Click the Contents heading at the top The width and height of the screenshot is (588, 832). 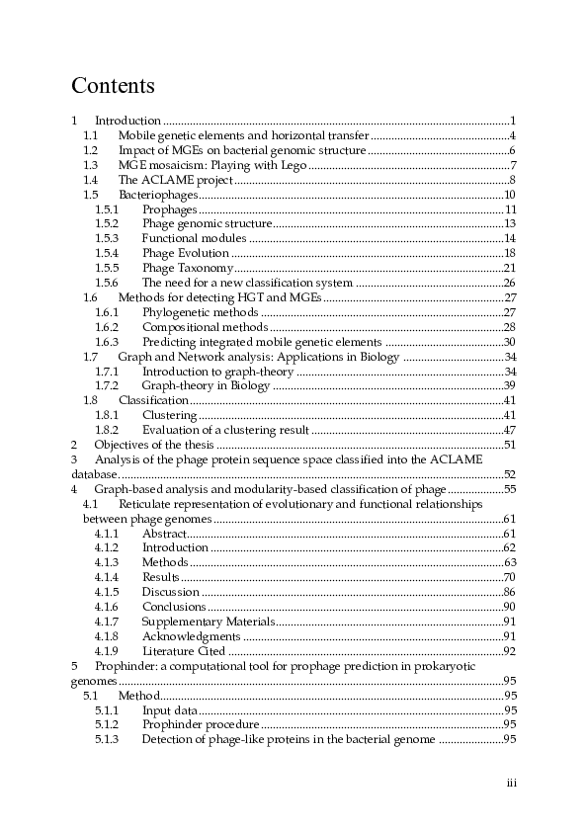coord(114,86)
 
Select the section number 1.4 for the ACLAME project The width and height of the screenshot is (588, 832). coord(90,180)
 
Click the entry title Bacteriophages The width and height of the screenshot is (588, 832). coord(157,195)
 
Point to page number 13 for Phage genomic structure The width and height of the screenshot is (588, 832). coord(510,224)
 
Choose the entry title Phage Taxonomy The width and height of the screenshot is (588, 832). coord(188,268)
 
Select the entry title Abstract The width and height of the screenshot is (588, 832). coord(163,534)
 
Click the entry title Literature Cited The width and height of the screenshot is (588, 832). coord(184,651)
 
